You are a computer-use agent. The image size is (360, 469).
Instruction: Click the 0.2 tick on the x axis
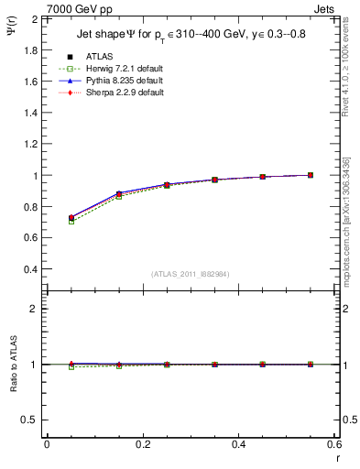click(x=143, y=443)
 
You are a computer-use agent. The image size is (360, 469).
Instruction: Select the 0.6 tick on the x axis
click(x=334, y=443)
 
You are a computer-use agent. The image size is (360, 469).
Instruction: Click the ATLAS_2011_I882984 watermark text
click(x=191, y=274)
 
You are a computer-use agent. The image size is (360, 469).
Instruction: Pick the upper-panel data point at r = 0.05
click(x=71, y=218)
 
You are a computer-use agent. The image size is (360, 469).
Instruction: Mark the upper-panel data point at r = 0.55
click(x=311, y=175)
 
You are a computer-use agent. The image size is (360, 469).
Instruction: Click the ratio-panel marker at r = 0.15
click(x=119, y=365)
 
